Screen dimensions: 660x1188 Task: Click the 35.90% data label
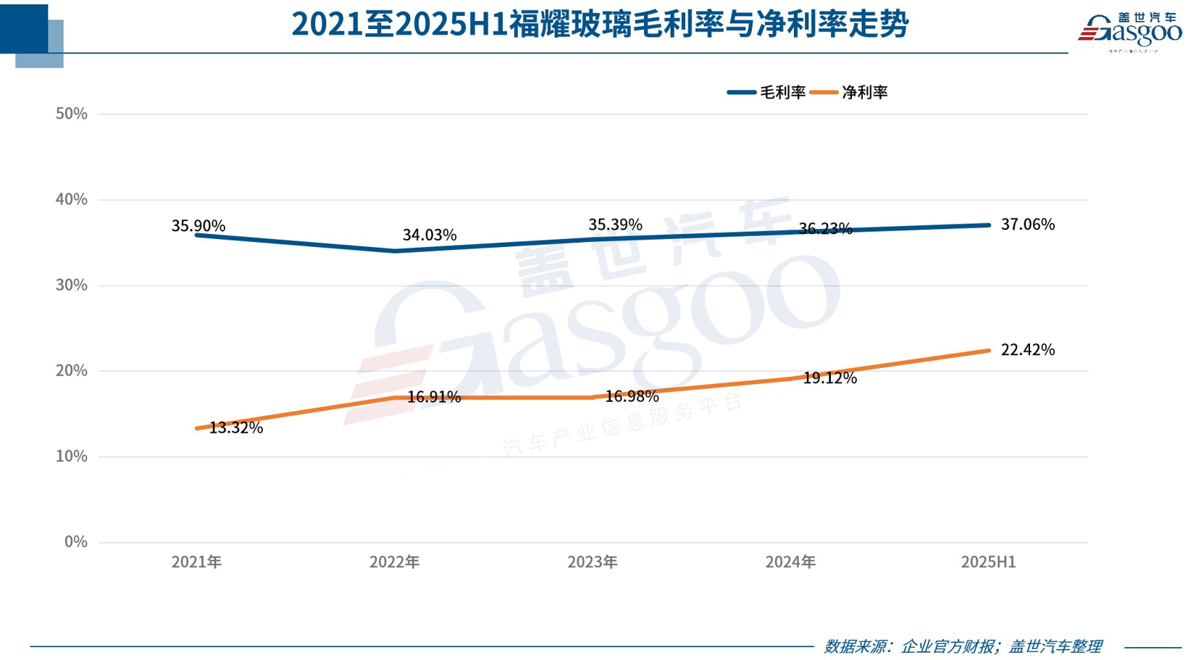coord(198,226)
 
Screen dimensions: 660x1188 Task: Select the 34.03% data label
coord(430,235)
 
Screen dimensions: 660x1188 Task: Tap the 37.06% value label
coord(1027,225)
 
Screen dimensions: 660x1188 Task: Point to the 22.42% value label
coord(1027,350)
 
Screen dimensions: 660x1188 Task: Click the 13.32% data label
coord(236,427)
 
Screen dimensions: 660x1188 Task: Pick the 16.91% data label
coord(434,397)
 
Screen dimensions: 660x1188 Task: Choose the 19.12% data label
coord(830,378)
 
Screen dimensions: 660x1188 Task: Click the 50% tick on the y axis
coord(71,114)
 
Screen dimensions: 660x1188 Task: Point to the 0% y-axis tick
coord(75,542)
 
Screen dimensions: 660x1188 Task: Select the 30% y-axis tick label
coord(71,285)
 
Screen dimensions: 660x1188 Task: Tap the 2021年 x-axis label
coord(196,562)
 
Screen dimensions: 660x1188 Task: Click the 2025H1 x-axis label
coord(988,562)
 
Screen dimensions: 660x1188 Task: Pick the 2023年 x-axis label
coord(593,562)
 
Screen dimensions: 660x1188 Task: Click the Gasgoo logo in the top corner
coord(1129,32)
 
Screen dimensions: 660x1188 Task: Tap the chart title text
coord(600,25)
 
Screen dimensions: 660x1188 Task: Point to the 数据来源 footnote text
coord(962,646)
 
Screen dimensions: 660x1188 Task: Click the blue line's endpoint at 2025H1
coord(989,225)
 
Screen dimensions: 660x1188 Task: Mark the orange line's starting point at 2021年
coord(197,428)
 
